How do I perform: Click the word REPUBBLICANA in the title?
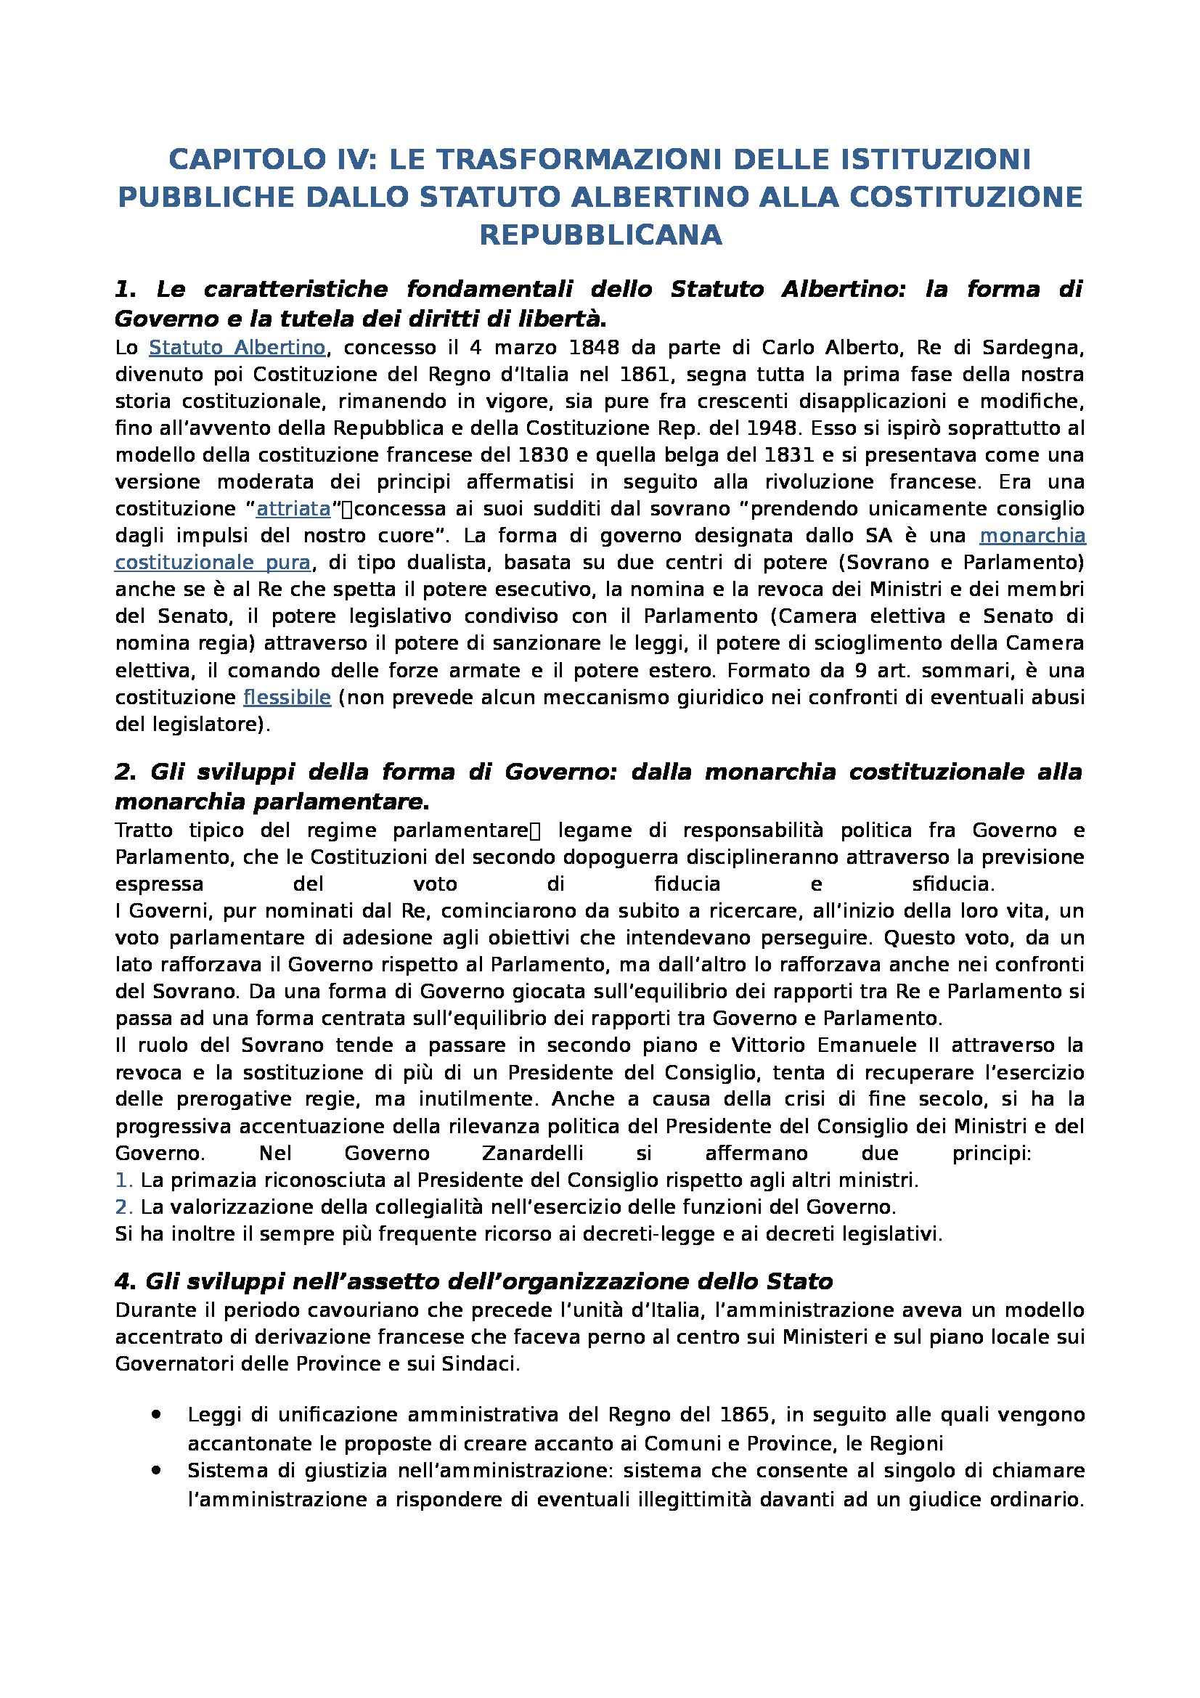[x=600, y=235]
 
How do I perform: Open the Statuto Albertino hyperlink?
[x=237, y=348]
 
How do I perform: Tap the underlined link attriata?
[x=293, y=509]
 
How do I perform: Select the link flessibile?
[x=287, y=698]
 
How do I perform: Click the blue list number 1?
[x=123, y=1180]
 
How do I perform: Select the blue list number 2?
[x=123, y=1207]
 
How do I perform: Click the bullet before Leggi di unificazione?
[x=156, y=1413]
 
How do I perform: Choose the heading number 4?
[x=123, y=1281]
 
